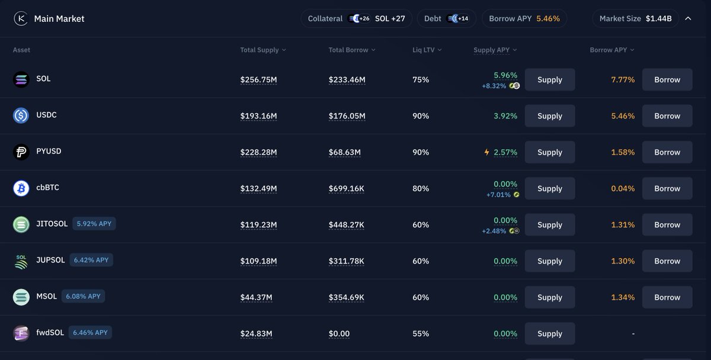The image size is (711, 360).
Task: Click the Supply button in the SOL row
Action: click(x=549, y=79)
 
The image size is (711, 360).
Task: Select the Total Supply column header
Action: click(x=262, y=50)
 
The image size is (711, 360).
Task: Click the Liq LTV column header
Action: click(x=427, y=50)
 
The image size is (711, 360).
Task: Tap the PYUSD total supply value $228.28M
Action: click(x=258, y=152)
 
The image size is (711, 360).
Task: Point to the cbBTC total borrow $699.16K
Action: click(x=347, y=188)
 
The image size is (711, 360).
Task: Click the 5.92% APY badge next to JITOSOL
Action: click(x=94, y=224)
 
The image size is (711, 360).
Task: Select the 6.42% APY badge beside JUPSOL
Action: click(x=91, y=260)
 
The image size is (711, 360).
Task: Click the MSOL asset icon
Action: click(x=21, y=297)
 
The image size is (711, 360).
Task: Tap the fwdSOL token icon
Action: click(x=21, y=333)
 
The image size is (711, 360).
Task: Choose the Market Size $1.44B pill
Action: click(x=635, y=18)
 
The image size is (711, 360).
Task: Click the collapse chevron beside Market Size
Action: click(x=688, y=18)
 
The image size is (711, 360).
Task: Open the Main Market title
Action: click(x=59, y=18)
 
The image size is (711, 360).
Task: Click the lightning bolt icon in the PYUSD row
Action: click(x=487, y=152)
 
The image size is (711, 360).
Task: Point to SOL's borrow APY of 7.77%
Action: click(x=623, y=79)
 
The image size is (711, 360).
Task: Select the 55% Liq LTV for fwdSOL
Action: click(x=421, y=333)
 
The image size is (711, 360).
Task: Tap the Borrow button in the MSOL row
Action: click(x=667, y=297)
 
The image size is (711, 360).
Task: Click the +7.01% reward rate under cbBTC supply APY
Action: click(x=498, y=195)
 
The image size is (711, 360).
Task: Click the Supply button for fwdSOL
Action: click(x=549, y=333)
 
